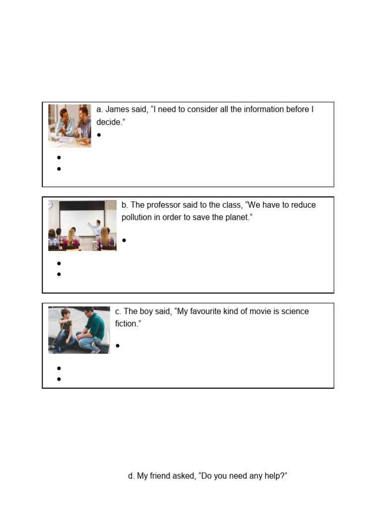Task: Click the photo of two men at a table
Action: coord(69,125)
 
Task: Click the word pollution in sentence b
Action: coord(138,218)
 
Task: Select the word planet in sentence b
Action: coord(235,218)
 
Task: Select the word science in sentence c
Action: coord(294,312)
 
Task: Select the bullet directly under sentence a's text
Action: coord(99,135)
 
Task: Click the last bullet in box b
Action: coord(59,274)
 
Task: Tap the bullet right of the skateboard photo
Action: coord(118,345)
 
